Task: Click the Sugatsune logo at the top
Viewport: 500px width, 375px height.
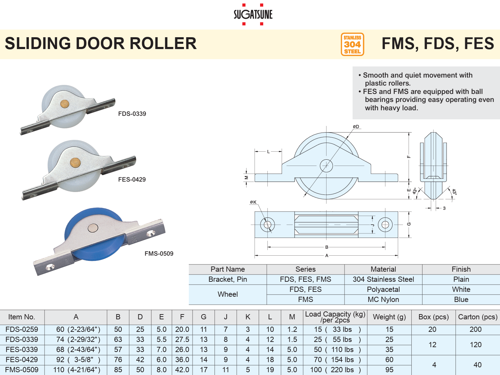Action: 253,14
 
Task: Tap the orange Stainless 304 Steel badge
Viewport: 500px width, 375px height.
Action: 352,44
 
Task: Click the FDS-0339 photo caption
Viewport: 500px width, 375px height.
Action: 132,114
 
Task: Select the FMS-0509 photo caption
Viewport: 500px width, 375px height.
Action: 159,254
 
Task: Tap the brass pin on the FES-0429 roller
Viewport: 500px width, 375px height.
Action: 75,162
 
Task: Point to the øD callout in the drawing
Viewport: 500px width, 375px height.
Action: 356,127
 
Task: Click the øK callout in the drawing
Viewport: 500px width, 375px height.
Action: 253,202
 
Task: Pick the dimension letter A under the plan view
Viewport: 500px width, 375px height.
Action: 326,256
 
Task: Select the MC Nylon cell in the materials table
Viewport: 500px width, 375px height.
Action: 383,300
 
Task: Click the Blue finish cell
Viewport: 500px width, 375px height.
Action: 461,300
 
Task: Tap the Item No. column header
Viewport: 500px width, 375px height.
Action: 22,317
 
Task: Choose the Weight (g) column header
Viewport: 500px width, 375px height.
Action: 389,317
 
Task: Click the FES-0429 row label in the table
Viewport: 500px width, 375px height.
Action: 22,360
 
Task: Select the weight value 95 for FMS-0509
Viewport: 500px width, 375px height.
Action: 389,370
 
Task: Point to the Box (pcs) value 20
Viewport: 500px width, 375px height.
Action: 432,329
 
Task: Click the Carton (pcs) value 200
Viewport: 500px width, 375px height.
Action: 475,329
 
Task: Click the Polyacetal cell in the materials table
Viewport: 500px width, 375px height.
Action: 383,289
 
